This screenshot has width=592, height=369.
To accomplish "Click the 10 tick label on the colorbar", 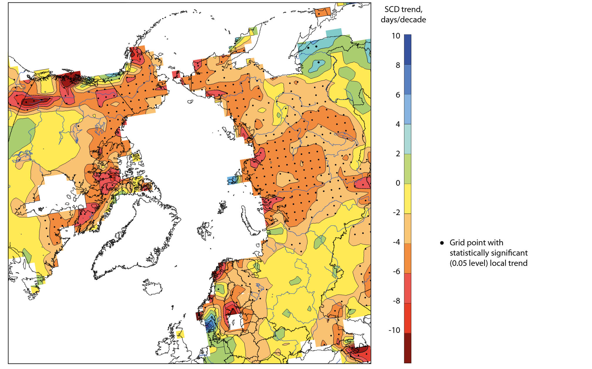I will [396, 36].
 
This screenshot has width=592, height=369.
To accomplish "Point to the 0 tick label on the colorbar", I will [398, 183].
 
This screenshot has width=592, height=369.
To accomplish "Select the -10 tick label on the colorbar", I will [394, 330].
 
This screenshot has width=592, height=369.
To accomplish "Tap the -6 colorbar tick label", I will [396, 271].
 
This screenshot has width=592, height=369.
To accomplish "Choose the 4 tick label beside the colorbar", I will [398, 124].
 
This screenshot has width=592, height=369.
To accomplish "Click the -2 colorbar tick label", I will [396, 212].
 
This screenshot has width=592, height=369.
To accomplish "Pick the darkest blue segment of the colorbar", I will [407, 49].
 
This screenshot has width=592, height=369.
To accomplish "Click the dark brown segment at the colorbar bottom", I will [407, 348].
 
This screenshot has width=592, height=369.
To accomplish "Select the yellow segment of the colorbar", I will [407, 199].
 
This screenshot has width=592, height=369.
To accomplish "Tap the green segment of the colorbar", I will [407, 169].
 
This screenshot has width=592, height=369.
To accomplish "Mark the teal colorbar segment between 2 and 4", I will [407, 139].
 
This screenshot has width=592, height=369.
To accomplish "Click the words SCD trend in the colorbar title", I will [403, 9].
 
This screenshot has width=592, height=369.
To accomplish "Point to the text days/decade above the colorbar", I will [403, 20].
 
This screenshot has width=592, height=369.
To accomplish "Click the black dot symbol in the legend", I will [442, 243].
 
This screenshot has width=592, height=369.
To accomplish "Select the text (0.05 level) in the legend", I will [468, 263].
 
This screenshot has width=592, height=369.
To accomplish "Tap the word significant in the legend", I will [511, 253].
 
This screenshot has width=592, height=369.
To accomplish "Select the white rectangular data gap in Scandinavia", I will [235, 322].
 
